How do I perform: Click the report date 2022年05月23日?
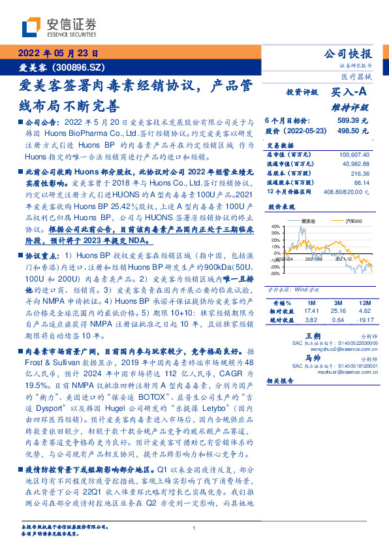tap(59, 53)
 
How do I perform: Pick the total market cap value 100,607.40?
tap(353, 154)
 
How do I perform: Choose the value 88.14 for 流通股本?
tap(360, 183)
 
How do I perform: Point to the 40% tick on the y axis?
tap(275, 227)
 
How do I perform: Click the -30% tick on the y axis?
tap(275, 273)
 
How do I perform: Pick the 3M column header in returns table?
tap(338, 304)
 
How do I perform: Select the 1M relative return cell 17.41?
tap(311, 312)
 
